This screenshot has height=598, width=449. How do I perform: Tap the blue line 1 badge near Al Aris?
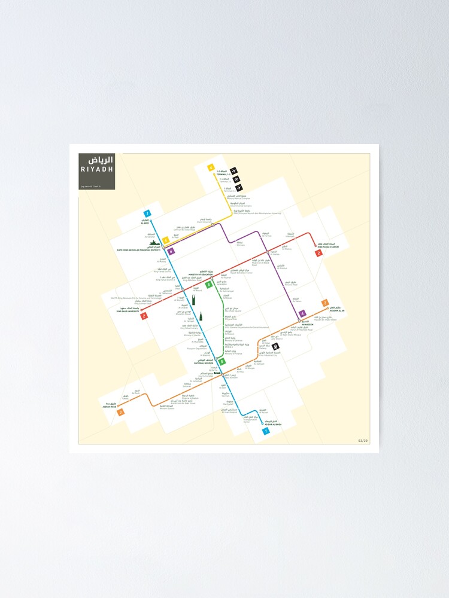click(147, 213)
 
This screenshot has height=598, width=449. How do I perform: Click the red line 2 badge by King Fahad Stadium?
click(319, 253)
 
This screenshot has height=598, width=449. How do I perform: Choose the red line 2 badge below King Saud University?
click(144, 316)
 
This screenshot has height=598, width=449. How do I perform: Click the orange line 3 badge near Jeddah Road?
click(121, 412)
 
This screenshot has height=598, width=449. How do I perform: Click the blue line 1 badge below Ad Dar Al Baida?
click(266, 431)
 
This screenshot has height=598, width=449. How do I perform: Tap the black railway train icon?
click(275, 346)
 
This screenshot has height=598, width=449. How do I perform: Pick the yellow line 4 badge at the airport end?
click(211, 168)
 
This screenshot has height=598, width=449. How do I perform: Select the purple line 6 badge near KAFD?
click(171, 252)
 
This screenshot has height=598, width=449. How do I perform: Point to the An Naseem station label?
click(307, 324)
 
